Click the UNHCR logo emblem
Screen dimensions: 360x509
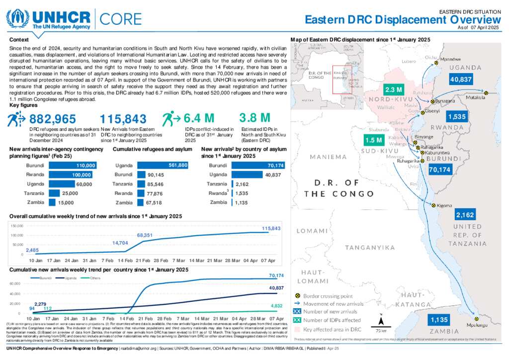click(18, 18)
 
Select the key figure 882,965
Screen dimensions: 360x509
click(53, 119)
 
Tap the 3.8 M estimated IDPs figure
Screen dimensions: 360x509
click(254, 118)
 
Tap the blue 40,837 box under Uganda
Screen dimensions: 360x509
click(461, 80)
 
